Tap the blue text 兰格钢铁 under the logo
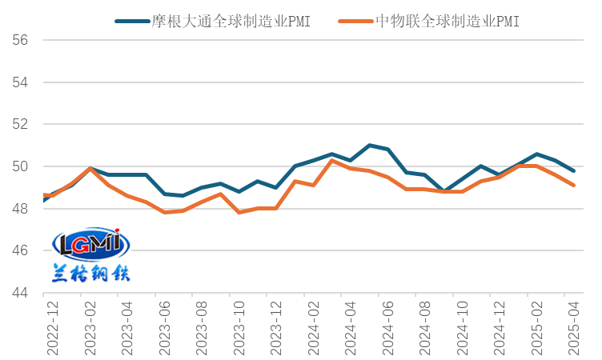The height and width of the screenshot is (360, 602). [x=90, y=272]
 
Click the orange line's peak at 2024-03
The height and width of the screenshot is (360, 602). [x=332, y=161]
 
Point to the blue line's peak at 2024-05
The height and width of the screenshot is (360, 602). [x=369, y=145]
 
